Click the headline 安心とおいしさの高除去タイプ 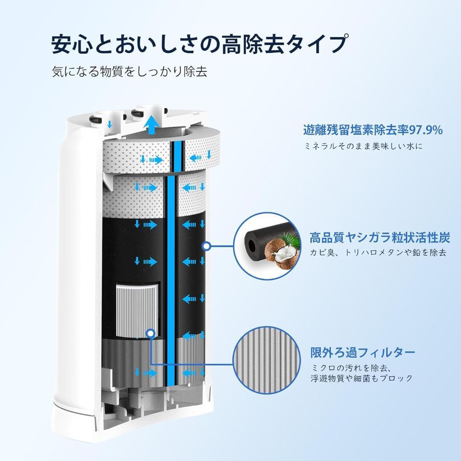198,44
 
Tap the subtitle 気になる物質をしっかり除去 129,71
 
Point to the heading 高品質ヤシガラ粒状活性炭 380,237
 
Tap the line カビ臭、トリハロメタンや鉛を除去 378,252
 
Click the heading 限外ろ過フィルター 363,352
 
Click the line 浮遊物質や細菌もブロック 362,378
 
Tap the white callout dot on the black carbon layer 207,246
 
